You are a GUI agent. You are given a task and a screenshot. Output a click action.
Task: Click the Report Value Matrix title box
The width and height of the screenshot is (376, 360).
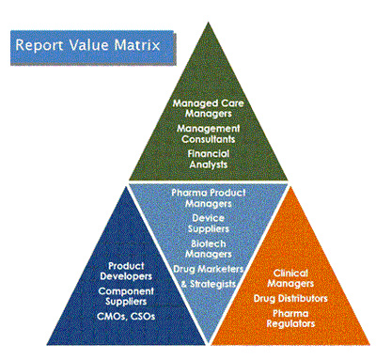[x=93, y=48]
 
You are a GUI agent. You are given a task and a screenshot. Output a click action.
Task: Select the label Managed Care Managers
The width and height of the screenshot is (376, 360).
[x=208, y=108]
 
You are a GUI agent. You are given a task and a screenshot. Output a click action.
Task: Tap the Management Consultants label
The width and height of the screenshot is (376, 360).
[x=208, y=133]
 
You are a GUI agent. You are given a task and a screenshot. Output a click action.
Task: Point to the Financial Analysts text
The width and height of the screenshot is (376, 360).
[x=209, y=159]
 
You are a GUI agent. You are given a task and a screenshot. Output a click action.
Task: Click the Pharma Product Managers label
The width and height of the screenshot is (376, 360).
[x=209, y=198]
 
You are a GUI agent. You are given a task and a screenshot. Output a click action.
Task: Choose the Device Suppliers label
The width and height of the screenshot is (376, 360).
[x=209, y=224]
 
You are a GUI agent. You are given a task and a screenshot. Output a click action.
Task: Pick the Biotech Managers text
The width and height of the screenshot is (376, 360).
[x=209, y=249]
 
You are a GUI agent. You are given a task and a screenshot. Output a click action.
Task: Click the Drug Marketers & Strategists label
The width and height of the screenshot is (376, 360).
[x=209, y=276]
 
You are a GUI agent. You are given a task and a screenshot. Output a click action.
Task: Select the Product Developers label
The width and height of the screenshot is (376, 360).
[x=126, y=272]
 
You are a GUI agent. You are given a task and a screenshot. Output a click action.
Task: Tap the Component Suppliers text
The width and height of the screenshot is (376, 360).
[x=126, y=296]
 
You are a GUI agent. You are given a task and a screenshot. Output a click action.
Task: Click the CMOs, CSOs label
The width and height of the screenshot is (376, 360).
[x=126, y=317]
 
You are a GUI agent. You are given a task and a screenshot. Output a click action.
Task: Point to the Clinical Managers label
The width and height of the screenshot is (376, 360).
[x=290, y=278]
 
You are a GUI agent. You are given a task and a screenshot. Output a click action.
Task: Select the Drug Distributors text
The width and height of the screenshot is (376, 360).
[x=290, y=298]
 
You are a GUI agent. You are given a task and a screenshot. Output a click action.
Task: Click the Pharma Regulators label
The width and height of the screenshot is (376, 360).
[x=290, y=319]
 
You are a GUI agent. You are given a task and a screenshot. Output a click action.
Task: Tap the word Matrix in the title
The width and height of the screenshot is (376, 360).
[x=137, y=45]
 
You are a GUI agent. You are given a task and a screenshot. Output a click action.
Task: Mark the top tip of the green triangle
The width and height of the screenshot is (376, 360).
[x=208, y=22]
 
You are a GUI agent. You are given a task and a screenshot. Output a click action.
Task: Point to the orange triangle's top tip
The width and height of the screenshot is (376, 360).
[x=290, y=186]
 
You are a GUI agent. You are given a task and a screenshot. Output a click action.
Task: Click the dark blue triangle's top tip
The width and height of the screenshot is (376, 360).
[x=126, y=186]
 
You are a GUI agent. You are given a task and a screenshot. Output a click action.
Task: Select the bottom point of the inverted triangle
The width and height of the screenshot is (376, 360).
[x=209, y=342]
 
